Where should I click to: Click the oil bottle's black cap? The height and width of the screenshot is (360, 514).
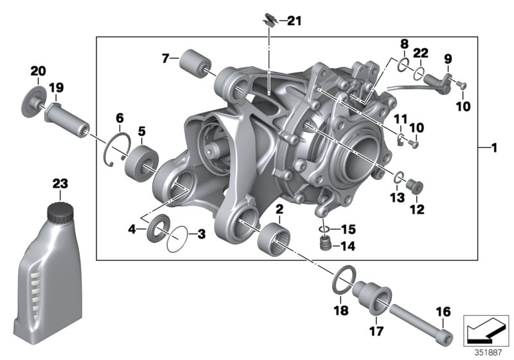coord(60,212)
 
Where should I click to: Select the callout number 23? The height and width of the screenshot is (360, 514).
coord(60,184)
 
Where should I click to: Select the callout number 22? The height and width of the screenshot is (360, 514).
coord(421,53)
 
